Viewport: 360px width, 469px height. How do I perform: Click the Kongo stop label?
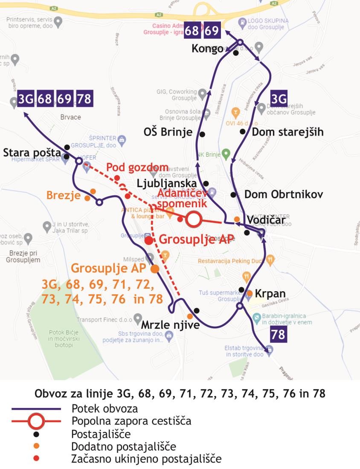coord(207,49)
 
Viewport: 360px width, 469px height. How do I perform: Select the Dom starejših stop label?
coord(287,132)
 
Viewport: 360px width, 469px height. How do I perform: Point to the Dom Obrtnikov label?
coord(283,194)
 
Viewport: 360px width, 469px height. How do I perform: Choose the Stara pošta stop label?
coord(32,152)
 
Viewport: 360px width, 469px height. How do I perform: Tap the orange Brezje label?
coord(64,196)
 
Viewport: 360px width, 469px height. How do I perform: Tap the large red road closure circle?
coord(193,220)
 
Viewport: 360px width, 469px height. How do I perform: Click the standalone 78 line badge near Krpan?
coord(278,335)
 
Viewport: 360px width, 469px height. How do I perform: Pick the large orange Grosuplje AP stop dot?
coord(155,269)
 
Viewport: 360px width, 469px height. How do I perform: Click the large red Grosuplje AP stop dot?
coord(148,240)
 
